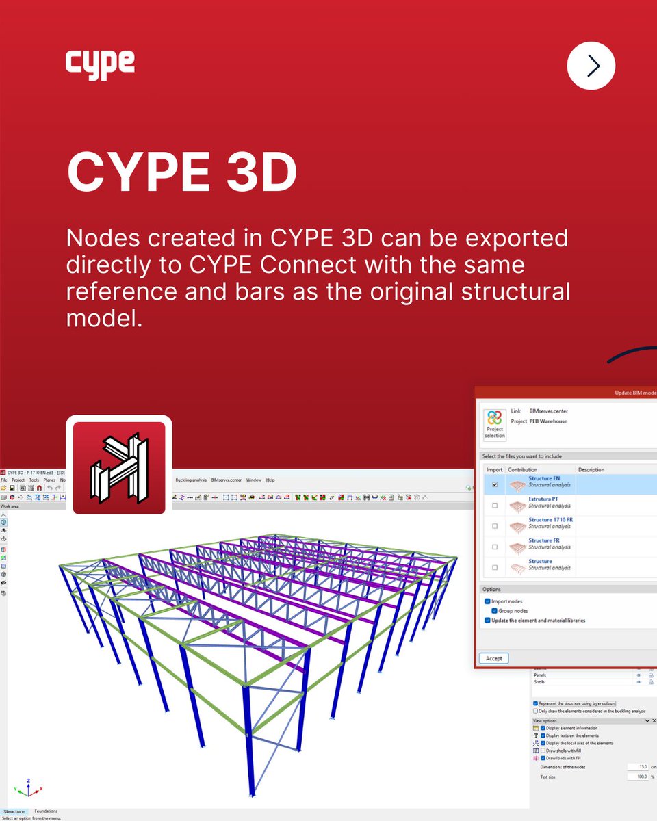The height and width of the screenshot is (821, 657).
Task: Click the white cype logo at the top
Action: [100, 65]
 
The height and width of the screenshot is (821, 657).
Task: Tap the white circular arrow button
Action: [591, 66]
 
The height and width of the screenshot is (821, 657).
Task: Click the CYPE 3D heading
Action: [181, 172]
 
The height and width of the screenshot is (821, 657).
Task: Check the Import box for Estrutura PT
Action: [494, 505]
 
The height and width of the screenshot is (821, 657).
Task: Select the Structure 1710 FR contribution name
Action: [550, 520]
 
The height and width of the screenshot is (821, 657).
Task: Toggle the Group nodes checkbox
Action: [495, 611]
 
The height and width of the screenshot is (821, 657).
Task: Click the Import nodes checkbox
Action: [487, 601]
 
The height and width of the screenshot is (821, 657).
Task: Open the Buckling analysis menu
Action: [191, 480]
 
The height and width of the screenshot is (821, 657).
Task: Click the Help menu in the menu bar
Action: [270, 480]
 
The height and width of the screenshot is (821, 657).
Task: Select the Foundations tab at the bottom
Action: [47, 811]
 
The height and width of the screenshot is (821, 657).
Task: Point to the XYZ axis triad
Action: [28, 789]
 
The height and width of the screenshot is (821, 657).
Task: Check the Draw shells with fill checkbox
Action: [543, 751]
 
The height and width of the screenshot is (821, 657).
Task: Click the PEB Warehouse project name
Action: [548, 421]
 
